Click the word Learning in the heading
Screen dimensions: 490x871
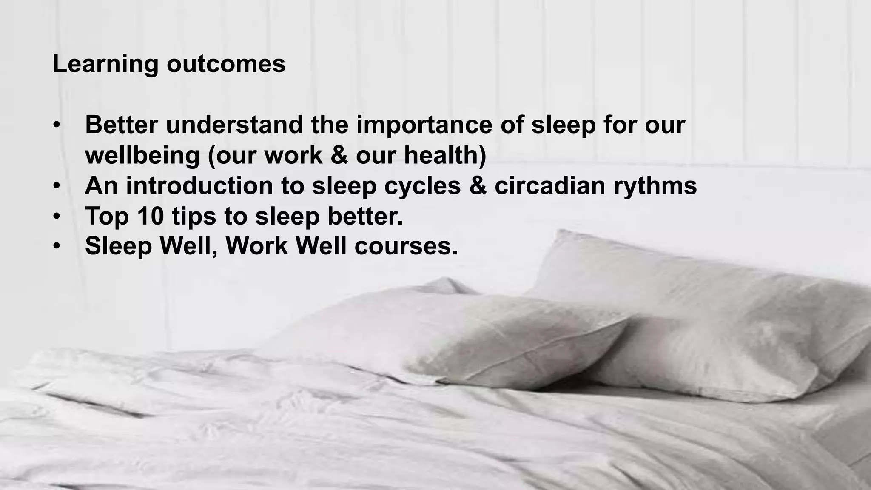[x=105, y=64]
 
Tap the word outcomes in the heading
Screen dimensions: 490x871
[x=226, y=64]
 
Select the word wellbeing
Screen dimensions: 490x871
[x=142, y=156]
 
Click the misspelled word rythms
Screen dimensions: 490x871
[x=655, y=186]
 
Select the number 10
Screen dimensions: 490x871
[x=151, y=216]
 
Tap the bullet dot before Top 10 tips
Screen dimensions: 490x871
[x=57, y=217]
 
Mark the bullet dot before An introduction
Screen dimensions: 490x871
[x=57, y=187]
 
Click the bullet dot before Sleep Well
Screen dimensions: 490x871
[x=57, y=247]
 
